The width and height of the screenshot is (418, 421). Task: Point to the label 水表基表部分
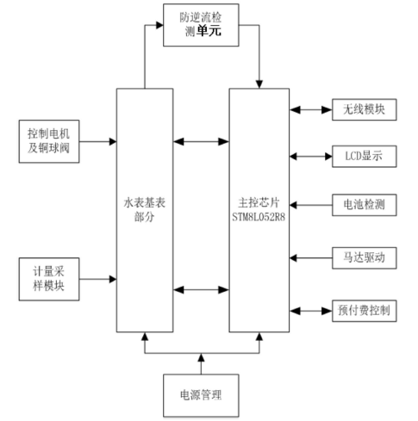pos(144,209)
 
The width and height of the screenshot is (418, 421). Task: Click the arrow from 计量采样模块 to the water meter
pos(100,279)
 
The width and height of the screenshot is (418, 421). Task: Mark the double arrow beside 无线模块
pos(309,110)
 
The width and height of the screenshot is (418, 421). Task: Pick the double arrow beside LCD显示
pos(309,157)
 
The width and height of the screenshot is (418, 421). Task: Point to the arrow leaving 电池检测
pos(309,206)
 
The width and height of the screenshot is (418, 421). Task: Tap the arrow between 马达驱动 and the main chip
pos(309,257)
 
